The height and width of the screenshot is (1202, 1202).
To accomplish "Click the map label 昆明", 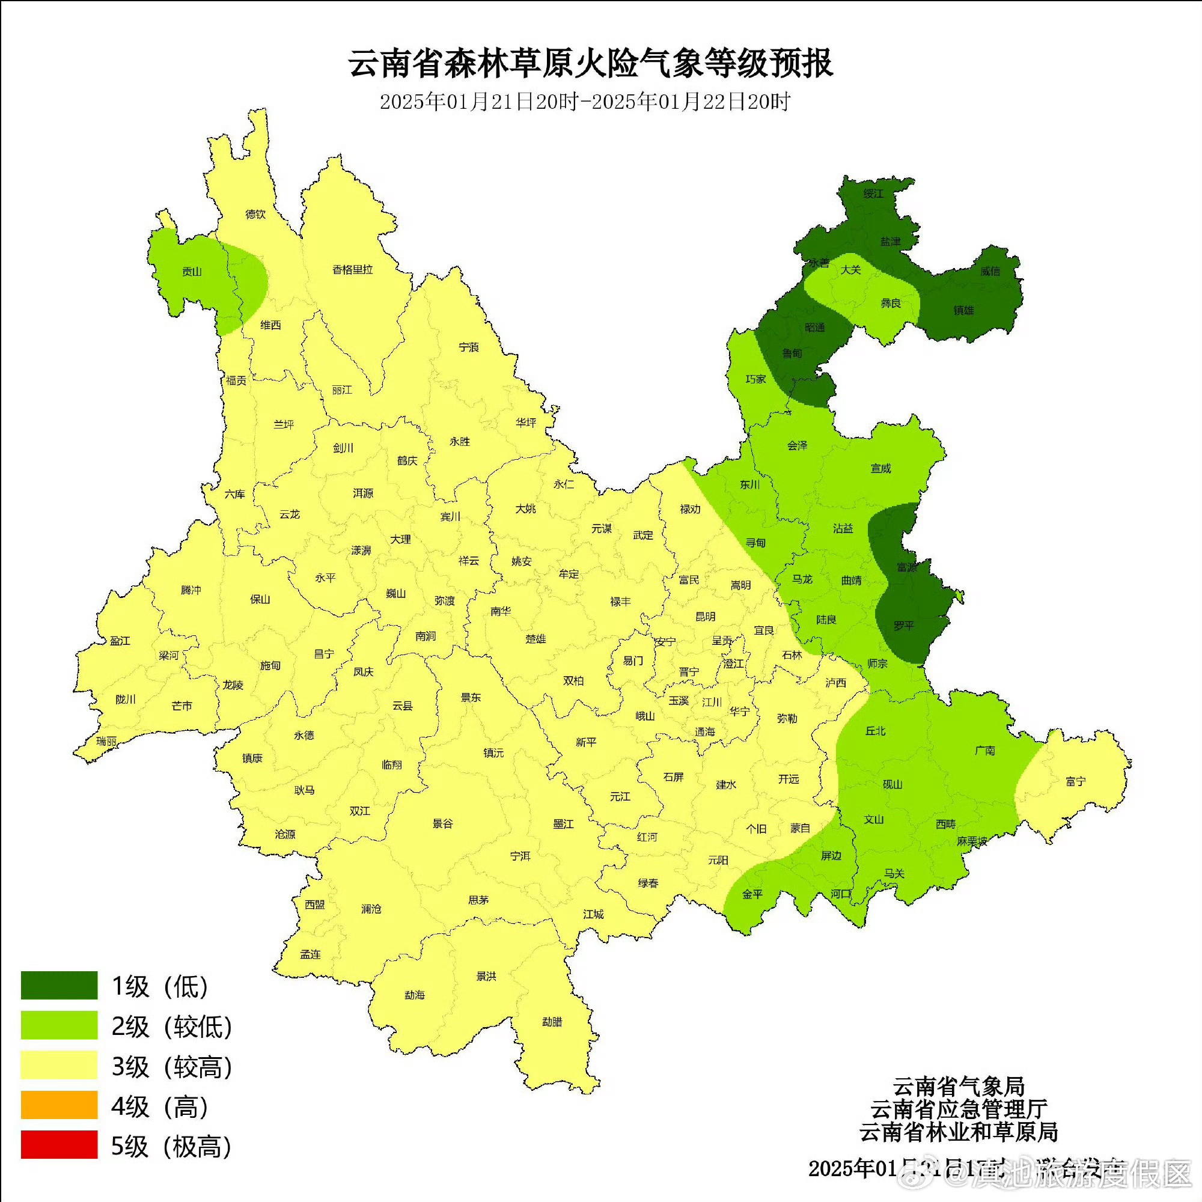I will pyautogui.click(x=706, y=617).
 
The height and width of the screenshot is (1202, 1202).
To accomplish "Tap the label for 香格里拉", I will pyautogui.click(x=352, y=269).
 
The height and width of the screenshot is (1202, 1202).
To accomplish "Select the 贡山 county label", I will pyautogui.click(x=192, y=271).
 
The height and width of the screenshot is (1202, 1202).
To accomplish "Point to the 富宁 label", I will pyautogui.click(x=1075, y=781).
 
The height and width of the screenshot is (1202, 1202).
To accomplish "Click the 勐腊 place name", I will pyautogui.click(x=552, y=1022).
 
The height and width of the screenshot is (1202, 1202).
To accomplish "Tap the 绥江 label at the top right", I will pyautogui.click(x=873, y=194).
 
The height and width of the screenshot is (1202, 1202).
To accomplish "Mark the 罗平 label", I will pyautogui.click(x=903, y=626).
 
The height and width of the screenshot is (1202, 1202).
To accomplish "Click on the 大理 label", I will pyautogui.click(x=401, y=540).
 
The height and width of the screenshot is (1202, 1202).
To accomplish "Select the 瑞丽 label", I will pyautogui.click(x=106, y=742).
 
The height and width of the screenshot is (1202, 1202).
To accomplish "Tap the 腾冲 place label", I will pyautogui.click(x=191, y=590).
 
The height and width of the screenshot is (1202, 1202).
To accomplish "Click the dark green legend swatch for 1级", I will pyautogui.click(x=59, y=986).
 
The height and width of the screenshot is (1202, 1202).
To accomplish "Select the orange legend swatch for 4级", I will pyautogui.click(x=59, y=1105).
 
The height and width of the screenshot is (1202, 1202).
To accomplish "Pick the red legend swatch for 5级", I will pyautogui.click(x=59, y=1145).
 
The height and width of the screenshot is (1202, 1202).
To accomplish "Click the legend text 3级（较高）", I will pyautogui.click(x=172, y=1066).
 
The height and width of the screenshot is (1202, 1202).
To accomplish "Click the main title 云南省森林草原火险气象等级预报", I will pyautogui.click(x=590, y=64).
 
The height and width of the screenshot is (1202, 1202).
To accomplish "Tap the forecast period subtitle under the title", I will pyautogui.click(x=585, y=102).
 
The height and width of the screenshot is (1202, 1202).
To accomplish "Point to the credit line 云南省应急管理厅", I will pyautogui.click(x=958, y=1109).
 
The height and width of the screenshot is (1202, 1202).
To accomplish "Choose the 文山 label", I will pyautogui.click(x=873, y=819).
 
